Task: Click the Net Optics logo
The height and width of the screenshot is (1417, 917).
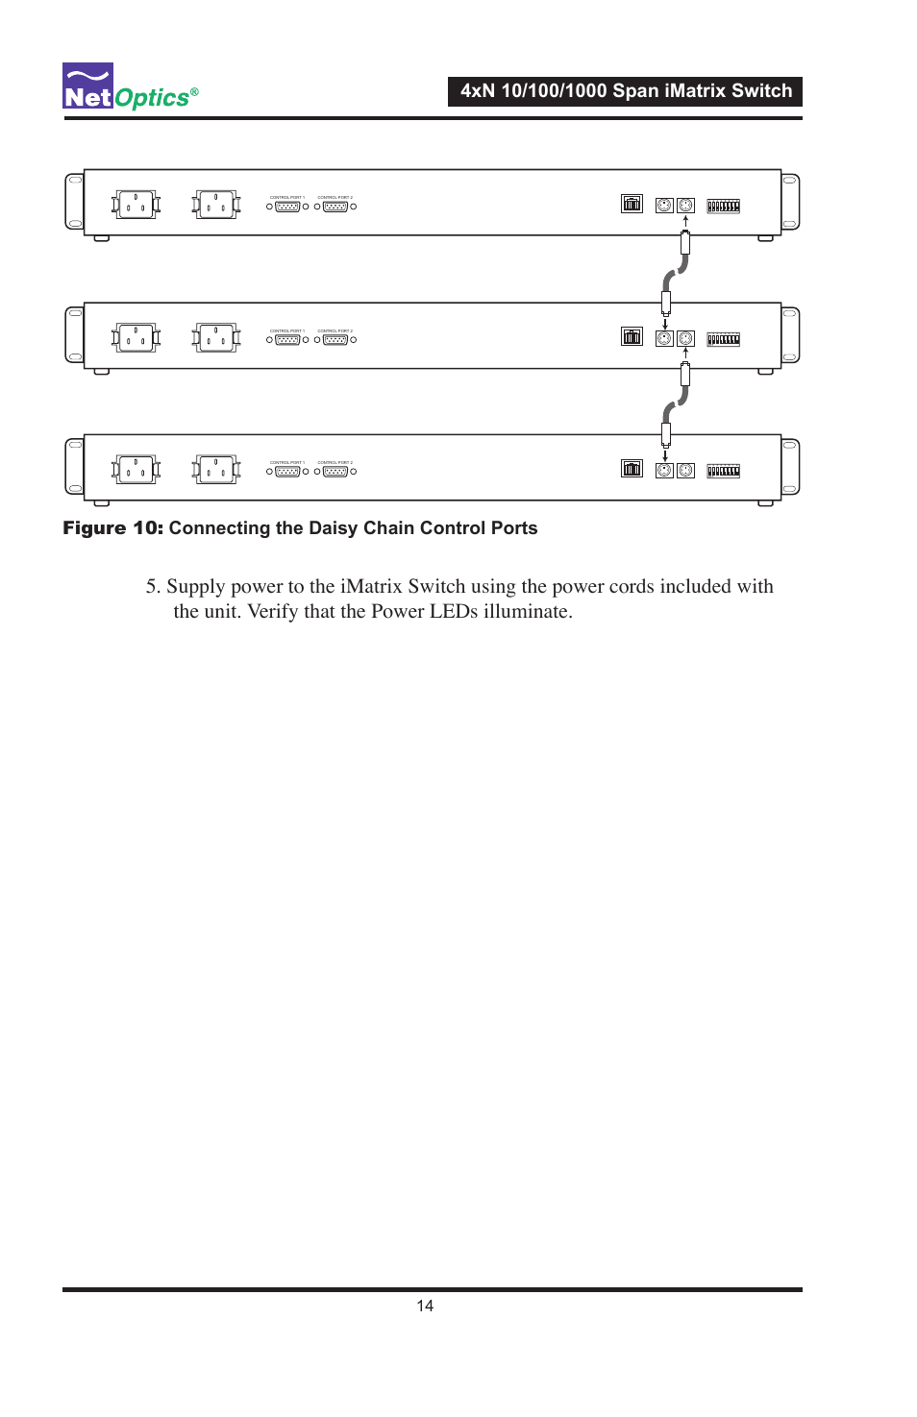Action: [130, 87]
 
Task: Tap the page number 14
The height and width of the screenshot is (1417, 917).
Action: [425, 1306]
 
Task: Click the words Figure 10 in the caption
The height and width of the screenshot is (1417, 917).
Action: [112, 528]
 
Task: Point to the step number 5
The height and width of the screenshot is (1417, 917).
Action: [152, 587]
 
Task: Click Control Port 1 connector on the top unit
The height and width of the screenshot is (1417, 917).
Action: [287, 207]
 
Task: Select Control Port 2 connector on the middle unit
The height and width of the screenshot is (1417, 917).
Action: [335, 340]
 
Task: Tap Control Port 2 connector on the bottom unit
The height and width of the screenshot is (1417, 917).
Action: [335, 472]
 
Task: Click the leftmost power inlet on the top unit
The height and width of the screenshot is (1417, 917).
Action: [136, 205]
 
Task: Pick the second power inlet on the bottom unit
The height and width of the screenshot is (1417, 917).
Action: [216, 470]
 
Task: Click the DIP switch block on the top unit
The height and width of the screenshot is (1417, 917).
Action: [723, 206]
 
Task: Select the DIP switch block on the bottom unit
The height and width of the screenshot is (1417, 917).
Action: [723, 471]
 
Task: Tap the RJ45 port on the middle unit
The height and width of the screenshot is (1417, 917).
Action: [632, 337]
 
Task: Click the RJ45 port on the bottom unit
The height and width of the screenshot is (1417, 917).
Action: [632, 469]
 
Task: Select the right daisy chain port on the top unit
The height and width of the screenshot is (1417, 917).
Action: [685, 205]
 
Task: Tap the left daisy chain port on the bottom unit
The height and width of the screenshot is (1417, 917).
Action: [664, 471]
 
